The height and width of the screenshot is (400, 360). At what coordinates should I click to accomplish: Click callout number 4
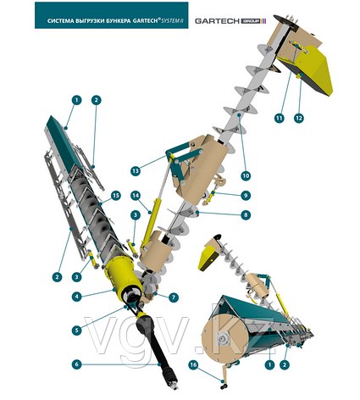point(76,297)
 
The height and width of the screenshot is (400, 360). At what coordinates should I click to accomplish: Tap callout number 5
point(76,331)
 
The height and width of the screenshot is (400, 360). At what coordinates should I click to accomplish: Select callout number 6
point(76,364)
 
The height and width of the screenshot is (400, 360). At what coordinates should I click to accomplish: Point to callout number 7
point(174,297)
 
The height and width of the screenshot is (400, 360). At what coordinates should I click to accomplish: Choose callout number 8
point(246,215)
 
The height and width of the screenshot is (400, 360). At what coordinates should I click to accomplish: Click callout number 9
point(246,195)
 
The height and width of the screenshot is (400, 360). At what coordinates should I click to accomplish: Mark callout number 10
point(246,175)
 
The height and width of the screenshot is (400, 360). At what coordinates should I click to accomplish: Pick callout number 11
point(280,118)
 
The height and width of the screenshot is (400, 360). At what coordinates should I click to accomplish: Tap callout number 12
point(299,118)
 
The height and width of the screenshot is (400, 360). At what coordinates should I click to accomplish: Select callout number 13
point(136,171)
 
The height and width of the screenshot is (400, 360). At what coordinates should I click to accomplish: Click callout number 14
point(136,196)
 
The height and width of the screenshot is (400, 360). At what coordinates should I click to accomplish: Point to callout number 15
point(116,196)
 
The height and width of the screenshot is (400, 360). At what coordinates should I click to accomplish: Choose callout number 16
point(193,364)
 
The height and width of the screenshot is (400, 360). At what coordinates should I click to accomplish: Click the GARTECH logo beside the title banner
point(230,21)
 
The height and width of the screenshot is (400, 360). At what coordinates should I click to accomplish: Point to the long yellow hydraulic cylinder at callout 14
point(152,222)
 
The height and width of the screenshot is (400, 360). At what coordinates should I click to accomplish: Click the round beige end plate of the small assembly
point(224,340)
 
